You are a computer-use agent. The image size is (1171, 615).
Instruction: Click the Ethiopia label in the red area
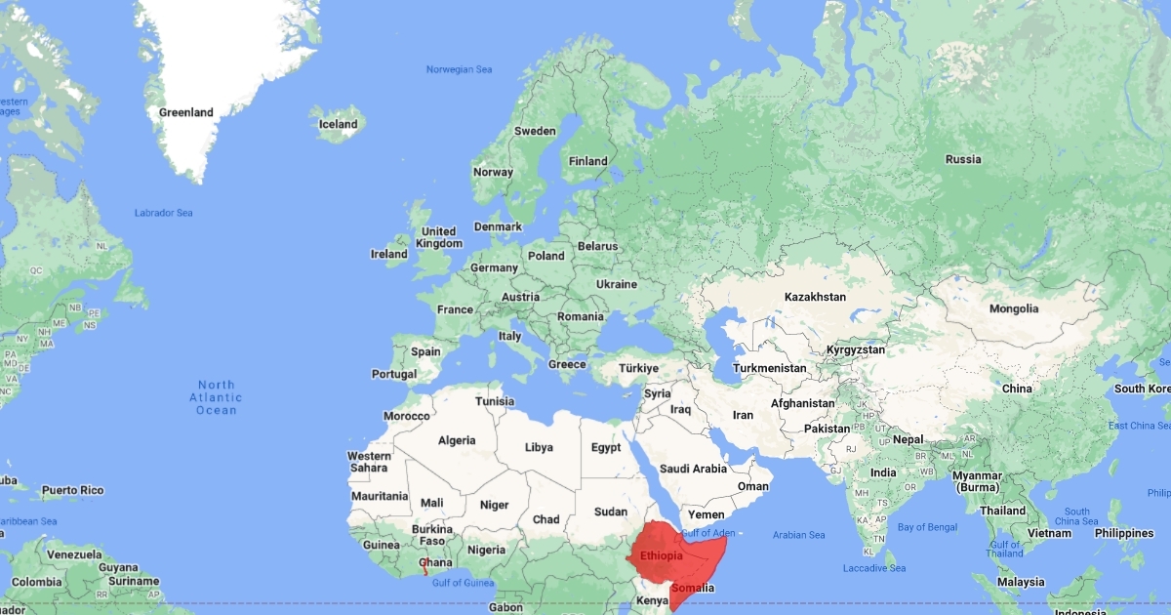tap(661, 556)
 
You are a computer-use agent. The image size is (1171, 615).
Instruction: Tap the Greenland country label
tap(185, 112)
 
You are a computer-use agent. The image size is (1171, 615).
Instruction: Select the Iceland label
tap(339, 124)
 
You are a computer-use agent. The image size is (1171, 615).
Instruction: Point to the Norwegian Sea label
tap(460, 69)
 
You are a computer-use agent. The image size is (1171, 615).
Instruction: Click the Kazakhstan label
tap(815, 296)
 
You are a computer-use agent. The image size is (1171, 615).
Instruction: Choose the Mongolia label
tap(1014, 308)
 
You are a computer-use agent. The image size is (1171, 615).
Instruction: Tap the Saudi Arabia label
tap(694, 469)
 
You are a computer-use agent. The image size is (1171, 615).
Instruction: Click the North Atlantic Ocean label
tap(216, 397)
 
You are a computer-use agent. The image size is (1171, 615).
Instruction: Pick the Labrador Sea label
tap(163, 213)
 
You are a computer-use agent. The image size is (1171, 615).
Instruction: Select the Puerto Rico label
tap(72, 490)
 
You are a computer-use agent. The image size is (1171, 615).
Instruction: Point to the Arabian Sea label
tap(798, 535)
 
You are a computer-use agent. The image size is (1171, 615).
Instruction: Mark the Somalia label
tap(693, 588)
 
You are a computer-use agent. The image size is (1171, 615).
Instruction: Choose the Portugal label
tap(394, 374)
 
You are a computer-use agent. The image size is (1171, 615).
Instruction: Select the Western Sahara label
tap(369, 462)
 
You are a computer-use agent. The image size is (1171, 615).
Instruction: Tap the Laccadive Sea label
tap(874, 568)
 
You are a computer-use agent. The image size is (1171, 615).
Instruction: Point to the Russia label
tap(963, 159)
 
